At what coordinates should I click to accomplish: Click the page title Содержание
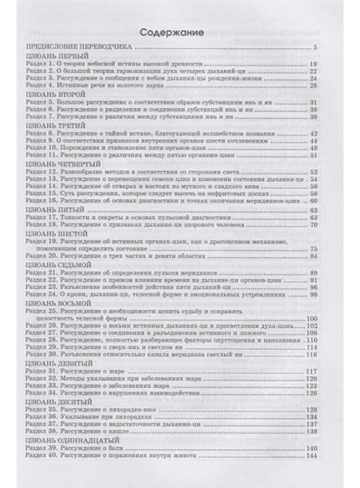pyautogui.click(x=180, y=33)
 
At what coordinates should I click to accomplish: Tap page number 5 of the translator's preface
pyautogui.click(x=337, y=48)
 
